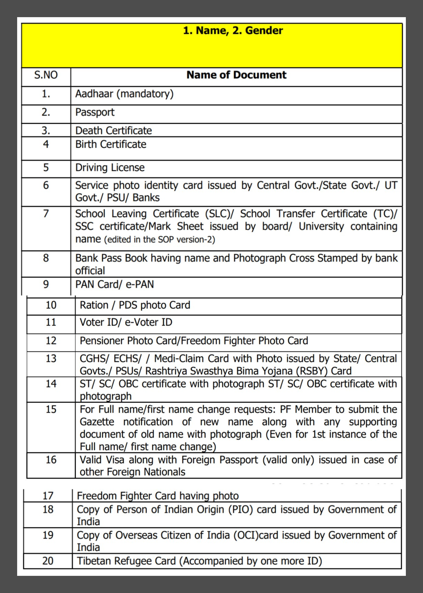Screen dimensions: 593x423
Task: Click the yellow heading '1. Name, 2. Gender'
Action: (x=233, y=31)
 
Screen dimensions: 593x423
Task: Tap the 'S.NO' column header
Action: (x=46, y=75)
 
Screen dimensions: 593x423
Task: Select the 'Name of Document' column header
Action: (x=236, y=75)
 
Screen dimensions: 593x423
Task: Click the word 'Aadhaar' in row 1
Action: (x=94, y=94)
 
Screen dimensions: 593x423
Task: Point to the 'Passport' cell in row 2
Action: (x=95, y=112)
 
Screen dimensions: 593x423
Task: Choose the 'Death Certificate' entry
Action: (x=113, y=131)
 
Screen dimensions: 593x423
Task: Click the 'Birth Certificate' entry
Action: (x=111, y=144)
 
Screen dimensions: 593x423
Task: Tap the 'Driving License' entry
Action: (x=110, y=168)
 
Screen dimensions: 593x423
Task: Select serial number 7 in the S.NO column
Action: (x=46, y=214)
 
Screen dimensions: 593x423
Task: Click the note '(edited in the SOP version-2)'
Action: (x=159, y=239)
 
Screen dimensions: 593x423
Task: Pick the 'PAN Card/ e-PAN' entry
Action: (x=114, y=285)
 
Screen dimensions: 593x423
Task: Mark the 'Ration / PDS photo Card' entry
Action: (x=134, y=305)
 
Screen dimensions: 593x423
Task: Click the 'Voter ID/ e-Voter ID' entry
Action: (x=126, y=322)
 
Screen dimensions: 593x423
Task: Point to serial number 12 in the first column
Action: (x=51, y=341)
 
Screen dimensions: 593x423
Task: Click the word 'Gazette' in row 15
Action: (x=97, y=422)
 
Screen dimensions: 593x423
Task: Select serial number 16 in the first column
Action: (x=51, y=460)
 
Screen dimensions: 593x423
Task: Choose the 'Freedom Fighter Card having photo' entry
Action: (x=158, y=496)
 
